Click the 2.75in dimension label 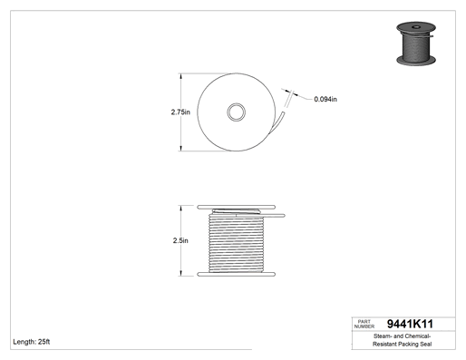[x=180, y=112]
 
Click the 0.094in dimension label [x=325, y=99]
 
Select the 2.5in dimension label [x=180, y=240]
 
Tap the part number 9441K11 [x=410, y=324]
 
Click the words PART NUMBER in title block [x=364, y=324]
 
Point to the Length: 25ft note [x=32, y=342]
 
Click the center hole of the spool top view [x=237, y=112]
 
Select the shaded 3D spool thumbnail [x=416, y=44]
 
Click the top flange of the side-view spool [x=236, y=207]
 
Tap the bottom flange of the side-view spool [x=236, y=274]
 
